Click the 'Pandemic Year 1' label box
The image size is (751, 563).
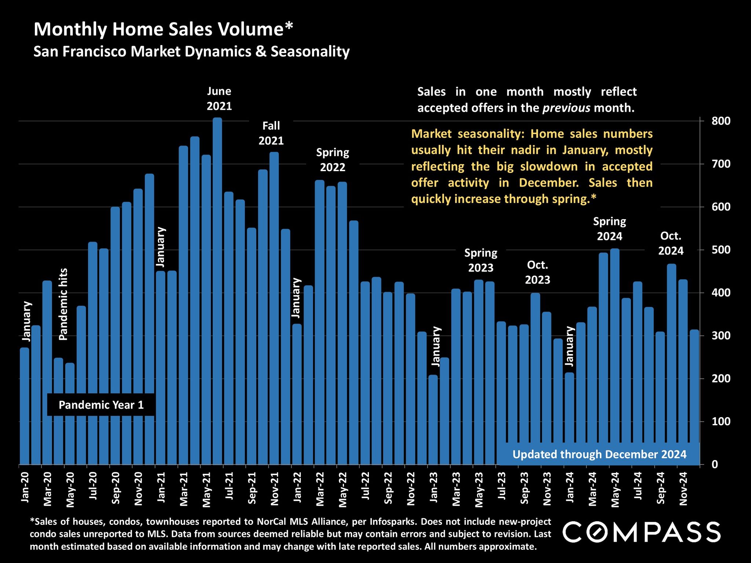tap(101, 405)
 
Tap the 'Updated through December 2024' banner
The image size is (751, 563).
tap(599, 455)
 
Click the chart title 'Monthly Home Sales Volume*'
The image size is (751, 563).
tap(164, 29)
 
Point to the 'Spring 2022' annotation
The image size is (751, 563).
tap(333, 160)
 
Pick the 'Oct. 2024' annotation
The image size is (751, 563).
tap(671, 243)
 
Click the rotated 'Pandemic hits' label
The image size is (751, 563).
tap(63, 304)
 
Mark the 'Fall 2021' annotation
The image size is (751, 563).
tap(271, 133)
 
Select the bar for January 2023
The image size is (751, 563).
tap(433, 420)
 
